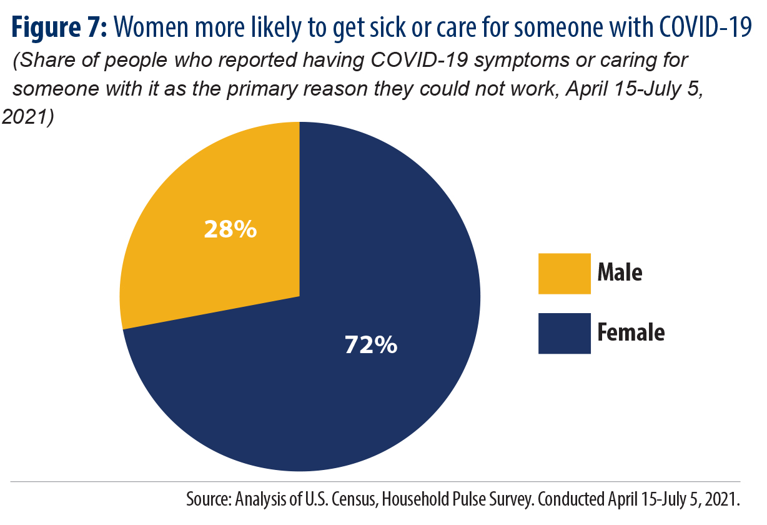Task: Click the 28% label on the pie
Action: [x=230, y=229]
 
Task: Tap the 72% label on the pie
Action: [x=371, y=344]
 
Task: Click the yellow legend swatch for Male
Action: [x=564, y=274]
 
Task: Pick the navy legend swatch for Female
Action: [x=564, y=333]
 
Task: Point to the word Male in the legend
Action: [x=620, y=272]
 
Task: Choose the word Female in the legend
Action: [x=631, y=332]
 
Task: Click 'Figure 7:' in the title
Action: [x=59, y=27]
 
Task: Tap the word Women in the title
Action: [x=151, y=27]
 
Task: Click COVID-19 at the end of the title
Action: [x=706, y=27]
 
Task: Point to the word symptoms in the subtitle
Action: [x=522, y=61]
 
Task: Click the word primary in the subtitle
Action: [x=265, y=90]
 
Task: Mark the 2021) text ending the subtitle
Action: [x=28, y=116]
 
